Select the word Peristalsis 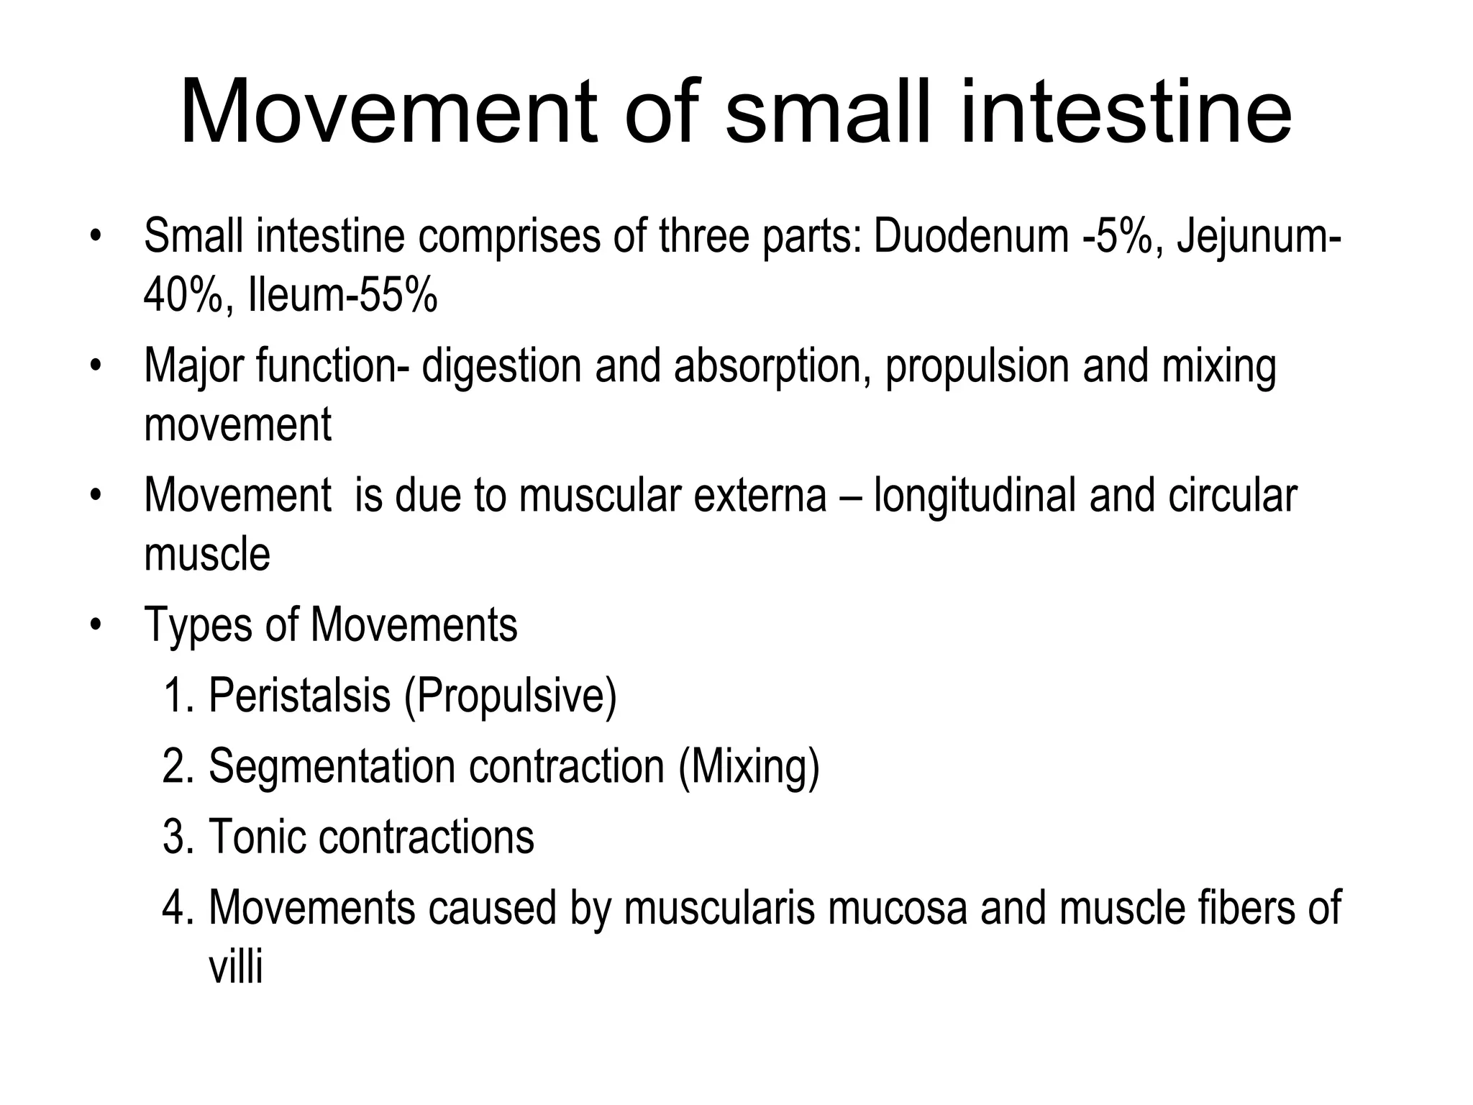tap(299, 696)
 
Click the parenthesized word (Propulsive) tap(511, 696)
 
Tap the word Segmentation tap(332, 766)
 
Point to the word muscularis tap(719, 908)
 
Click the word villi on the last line tap(235, 967)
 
